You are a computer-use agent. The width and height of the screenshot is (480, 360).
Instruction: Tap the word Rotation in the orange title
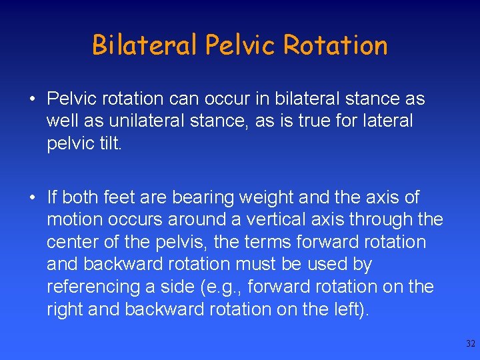[335, 45]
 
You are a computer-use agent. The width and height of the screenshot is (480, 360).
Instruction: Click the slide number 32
[470, 344]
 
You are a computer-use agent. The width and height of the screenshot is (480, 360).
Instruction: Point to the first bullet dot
[32, 99]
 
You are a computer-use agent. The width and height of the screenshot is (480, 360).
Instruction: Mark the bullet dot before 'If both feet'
[32, 198]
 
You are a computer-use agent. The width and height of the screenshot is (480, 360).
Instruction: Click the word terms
[269, 242]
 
